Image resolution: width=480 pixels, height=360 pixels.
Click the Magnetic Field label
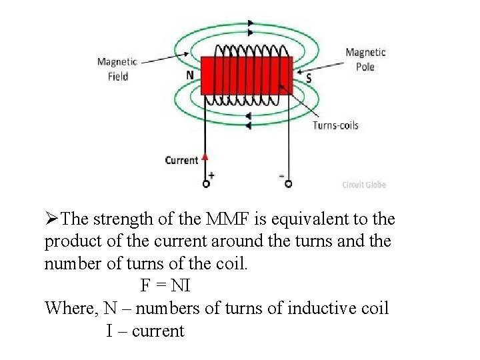pos(117,69)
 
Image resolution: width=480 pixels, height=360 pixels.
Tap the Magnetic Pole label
pos(365,59)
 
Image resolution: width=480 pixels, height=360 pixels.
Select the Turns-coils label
pos(335,125)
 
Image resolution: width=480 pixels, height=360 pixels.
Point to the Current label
pos(181,160)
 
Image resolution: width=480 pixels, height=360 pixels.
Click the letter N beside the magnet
pos(190,75)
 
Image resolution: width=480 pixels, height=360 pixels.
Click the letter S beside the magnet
pos(308,78)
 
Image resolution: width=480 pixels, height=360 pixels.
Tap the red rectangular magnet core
pos(247,76)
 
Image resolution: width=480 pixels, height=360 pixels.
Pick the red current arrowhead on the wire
pos(205,157)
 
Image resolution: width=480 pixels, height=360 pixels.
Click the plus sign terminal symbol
pos(211,175)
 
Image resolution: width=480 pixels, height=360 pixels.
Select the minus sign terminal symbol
pos(282,175)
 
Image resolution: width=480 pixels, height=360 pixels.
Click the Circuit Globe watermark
pos(364,185)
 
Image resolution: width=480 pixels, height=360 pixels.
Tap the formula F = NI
pos(165,286)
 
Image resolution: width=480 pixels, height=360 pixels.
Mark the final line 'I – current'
pos(145,331)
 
